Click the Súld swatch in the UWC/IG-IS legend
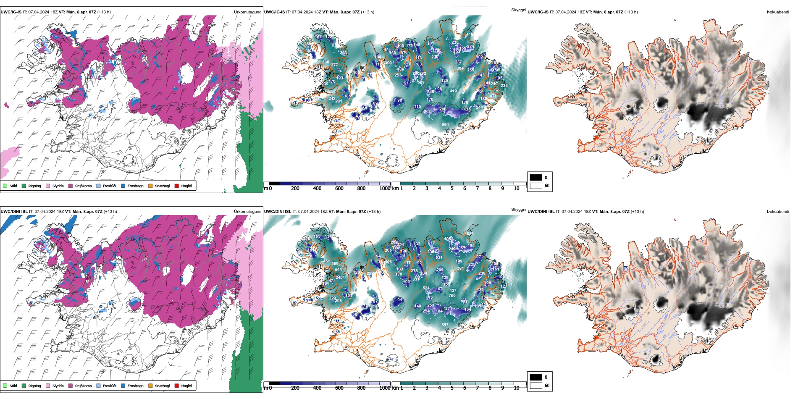(5, 186)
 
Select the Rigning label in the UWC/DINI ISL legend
(34, 386)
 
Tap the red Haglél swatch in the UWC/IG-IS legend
(177, 186)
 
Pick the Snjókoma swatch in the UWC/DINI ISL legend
(71, 386)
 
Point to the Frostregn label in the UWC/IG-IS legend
(135, 186)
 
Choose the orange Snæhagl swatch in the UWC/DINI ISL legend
(150, 386)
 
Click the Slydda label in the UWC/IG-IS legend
(58, 186)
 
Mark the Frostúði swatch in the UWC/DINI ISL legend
(98, 386)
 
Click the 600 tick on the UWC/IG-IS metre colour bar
(339, 189)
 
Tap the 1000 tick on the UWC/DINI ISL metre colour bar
(385, 388)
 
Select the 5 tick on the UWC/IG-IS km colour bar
(452, 189)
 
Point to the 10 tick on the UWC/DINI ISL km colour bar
(517, 388)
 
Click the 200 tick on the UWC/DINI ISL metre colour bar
(295, 388)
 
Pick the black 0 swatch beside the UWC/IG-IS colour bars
(536, 178)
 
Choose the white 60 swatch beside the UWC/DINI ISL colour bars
(536, 386)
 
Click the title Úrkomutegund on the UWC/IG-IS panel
(247, 12)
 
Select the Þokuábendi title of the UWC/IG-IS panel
(778, 12)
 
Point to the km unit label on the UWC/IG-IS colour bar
(395, 189)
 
